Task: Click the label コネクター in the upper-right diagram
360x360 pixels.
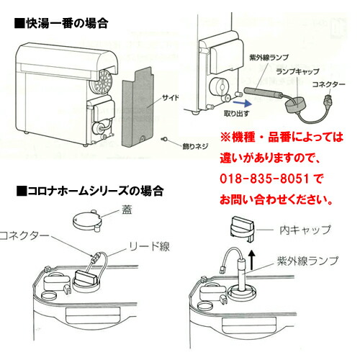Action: pyautogui.click(x=333, y=84)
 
